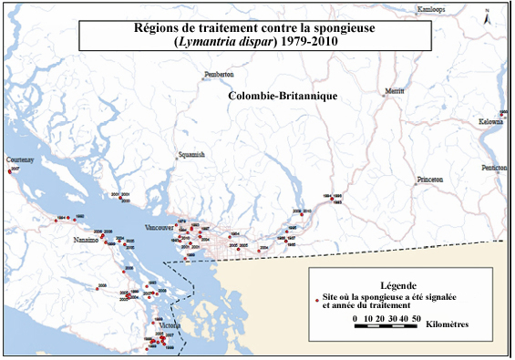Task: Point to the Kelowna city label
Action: click(x=492, y=121)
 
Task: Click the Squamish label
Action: click(x=192, y=155)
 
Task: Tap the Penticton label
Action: click(x=495, y=169)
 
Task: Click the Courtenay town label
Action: click(x=20, y=159)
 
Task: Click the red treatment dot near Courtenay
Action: click(x=10, y=170)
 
